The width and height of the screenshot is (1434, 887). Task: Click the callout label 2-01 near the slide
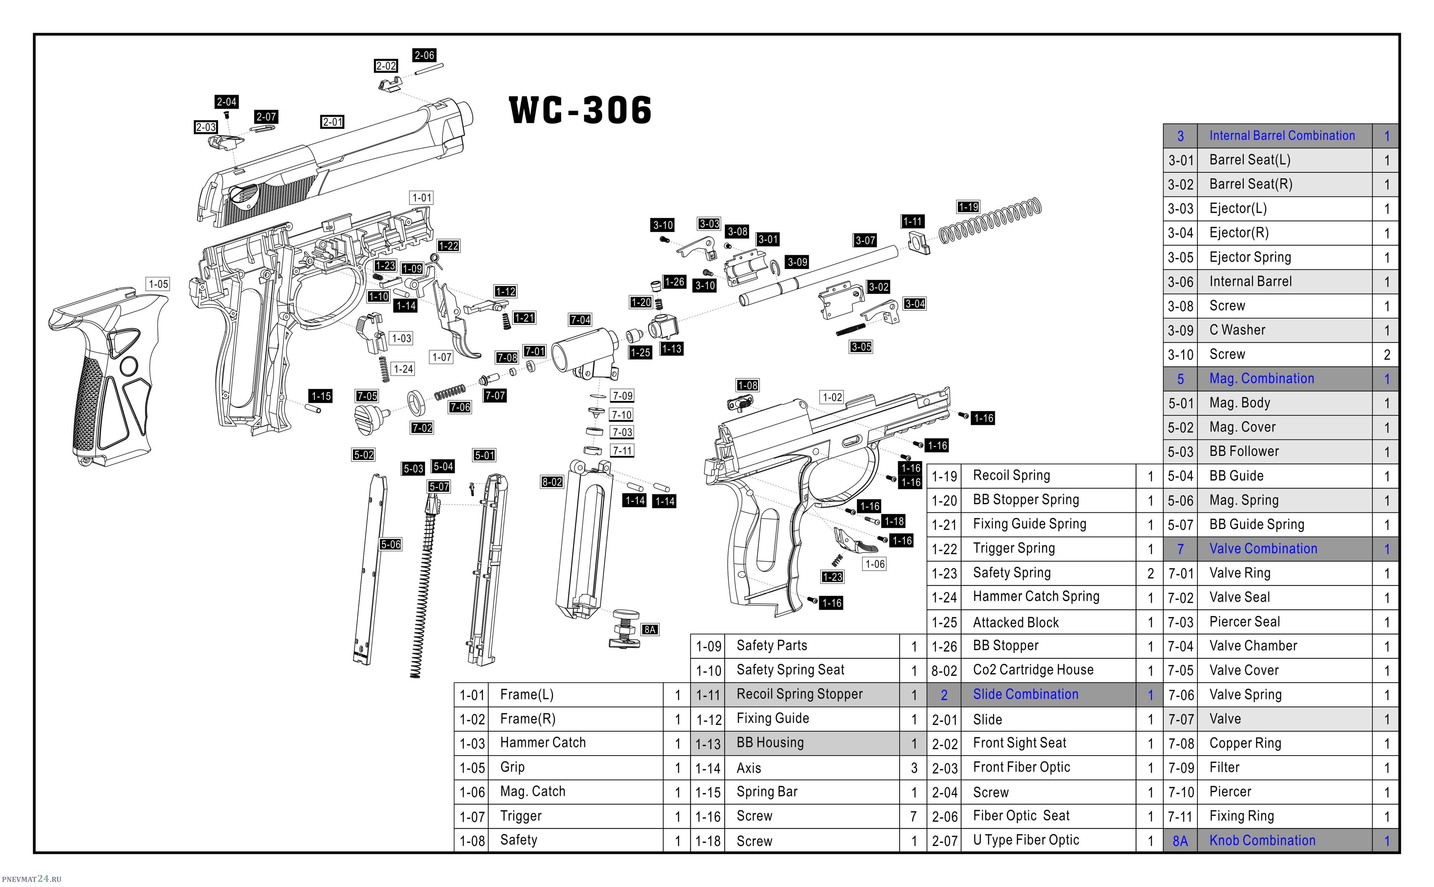[x=333, y=122]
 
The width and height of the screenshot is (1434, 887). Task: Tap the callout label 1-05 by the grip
[x=158, y=284]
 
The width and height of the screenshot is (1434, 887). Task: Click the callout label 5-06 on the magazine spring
[x=390, y=544]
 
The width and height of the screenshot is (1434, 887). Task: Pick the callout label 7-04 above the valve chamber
[x=580, y=320]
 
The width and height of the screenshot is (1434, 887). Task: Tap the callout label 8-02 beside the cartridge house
[x=552, y=482]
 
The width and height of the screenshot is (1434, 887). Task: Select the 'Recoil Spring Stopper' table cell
[x=800, y=695]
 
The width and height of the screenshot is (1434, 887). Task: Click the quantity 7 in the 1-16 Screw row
[x=913, y=817]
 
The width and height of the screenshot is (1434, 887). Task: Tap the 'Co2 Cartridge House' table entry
[x=1033, y=670]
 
